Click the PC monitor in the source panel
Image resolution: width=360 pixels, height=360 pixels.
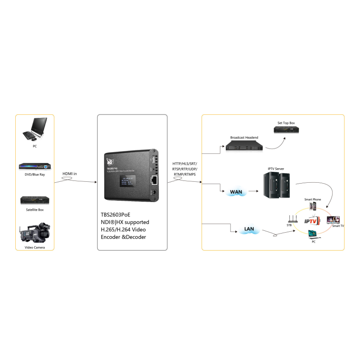click(36, 127)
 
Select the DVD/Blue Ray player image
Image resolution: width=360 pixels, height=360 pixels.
click(35, 166)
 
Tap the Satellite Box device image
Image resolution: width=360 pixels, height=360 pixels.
click(35, 201)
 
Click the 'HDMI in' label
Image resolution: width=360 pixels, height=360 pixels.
click(70, 174)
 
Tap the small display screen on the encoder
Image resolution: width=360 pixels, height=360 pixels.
click(127, 183)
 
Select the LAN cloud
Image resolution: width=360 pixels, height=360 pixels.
click(249, 229)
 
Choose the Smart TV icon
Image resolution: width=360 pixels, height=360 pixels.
click(333, 220)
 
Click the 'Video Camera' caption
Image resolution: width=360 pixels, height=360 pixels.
click(35, 247)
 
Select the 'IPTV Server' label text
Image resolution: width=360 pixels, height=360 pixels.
click(276, 169)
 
